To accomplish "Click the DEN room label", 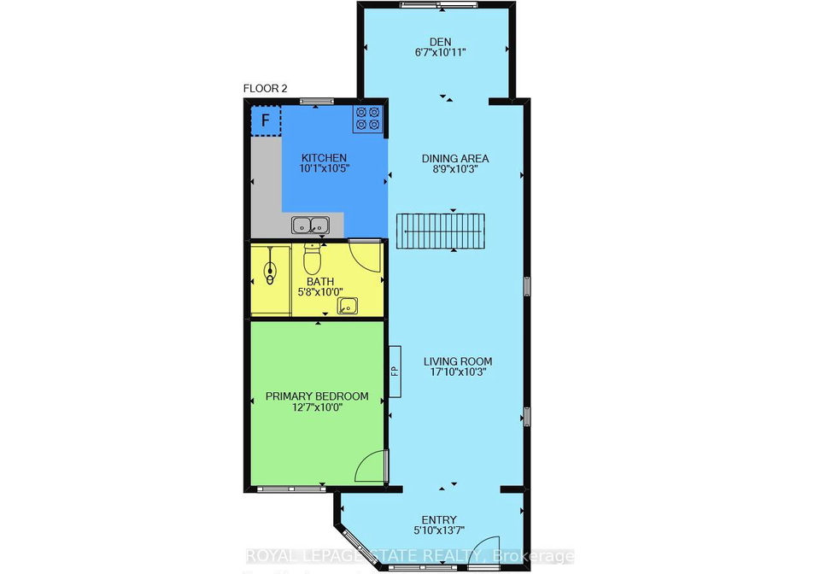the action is [441, 42].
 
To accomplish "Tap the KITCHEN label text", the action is [324, 158].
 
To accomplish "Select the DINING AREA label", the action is [455, 158].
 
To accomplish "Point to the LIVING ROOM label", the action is [458, 361].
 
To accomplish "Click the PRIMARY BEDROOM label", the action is [317, 396].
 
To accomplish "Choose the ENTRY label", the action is [439, 519].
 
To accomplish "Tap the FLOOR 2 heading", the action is [265, 89].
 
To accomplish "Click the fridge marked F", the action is [266, 120].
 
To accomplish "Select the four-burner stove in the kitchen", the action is [367, 119].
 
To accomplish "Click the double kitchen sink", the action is [311, 225].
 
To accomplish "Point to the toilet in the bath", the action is [312, 258].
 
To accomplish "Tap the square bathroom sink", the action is [348, 305].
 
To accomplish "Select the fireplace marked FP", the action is [395, 372].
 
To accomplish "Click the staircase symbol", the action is [441, 231].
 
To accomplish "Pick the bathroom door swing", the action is [365, 255].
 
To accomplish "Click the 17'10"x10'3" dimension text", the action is [458, 372].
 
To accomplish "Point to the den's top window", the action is [439, 5].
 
